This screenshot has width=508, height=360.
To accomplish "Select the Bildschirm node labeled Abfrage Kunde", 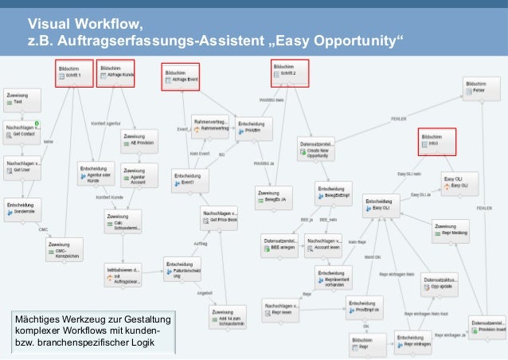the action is pos(115,73).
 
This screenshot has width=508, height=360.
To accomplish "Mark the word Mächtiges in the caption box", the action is pos(39,320).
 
